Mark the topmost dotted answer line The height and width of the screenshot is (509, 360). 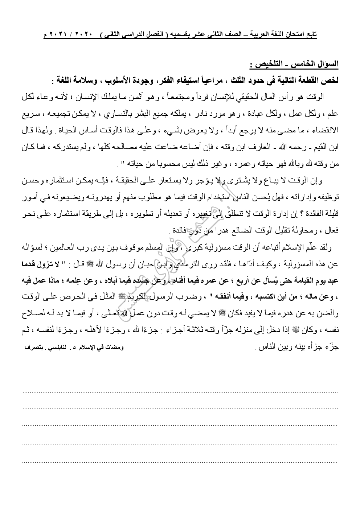(180, 391)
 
